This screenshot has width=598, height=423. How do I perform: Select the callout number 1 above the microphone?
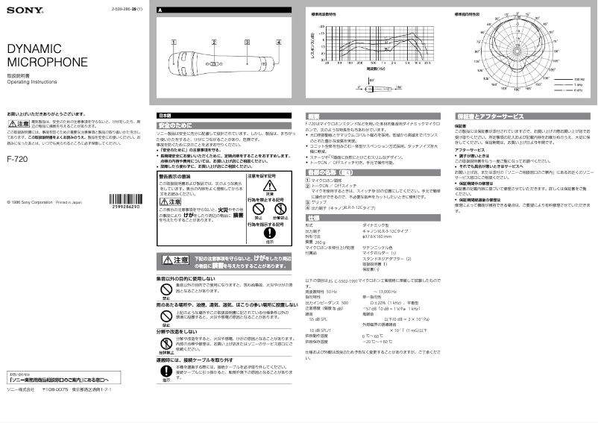[x=173, y=43]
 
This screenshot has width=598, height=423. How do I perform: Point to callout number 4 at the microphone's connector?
[x=278, y=43]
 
